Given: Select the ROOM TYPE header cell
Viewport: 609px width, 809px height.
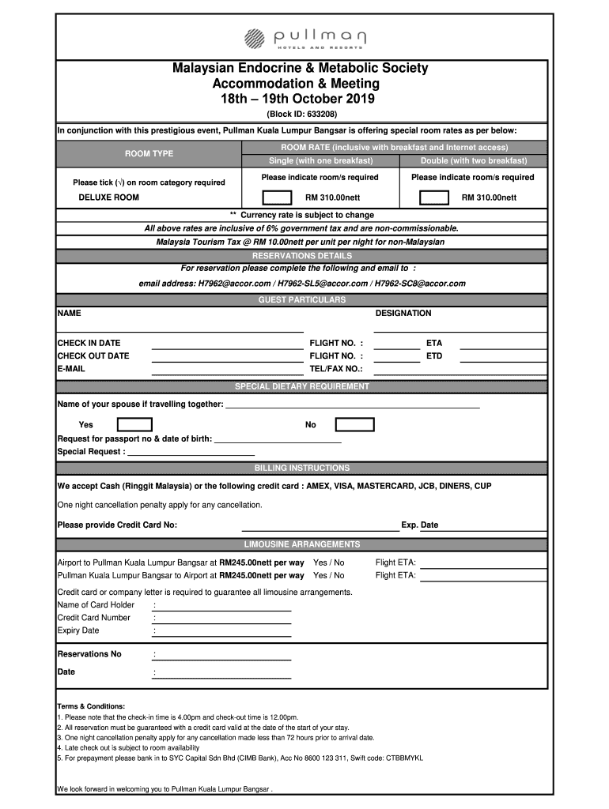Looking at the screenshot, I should (x=149, y=154).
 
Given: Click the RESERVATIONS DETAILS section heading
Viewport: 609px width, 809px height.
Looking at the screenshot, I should (x=301, y=256).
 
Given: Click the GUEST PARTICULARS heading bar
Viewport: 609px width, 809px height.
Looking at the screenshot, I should (x=301, y=300).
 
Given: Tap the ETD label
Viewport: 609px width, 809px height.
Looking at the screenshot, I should (x=434, y=356).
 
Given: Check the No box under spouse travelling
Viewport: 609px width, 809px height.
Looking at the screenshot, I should (x=354, y=425).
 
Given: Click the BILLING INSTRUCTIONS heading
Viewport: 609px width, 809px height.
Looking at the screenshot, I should (x=301, y=468).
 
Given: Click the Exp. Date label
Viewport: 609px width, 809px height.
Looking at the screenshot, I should (x=419, y=525).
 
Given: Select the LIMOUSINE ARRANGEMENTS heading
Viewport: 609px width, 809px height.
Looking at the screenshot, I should (x=301, y=544).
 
